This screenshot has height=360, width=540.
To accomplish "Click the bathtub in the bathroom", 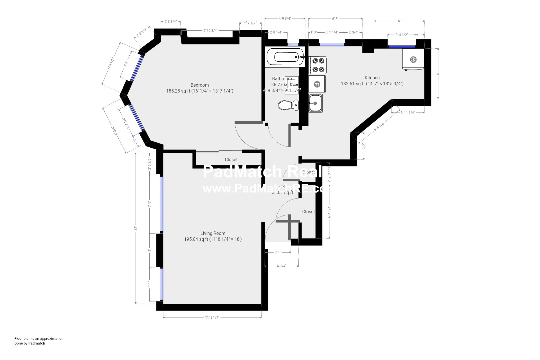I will coord(285,57).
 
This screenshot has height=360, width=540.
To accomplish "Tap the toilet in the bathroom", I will coord(288,105).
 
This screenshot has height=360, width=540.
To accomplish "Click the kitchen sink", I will coord(315,103).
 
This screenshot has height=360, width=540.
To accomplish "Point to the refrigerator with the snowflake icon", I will coord(413,59).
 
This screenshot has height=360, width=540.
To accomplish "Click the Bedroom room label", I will coord(199,85).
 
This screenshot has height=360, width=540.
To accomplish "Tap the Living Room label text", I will coord(213,233).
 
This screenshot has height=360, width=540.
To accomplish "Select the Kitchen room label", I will coord(372,78).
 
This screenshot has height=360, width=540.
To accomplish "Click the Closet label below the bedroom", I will coord(231,159).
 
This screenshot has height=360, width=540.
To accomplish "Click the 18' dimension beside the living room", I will coord(136,228).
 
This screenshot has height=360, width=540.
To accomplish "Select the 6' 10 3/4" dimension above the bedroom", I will coord(210,31).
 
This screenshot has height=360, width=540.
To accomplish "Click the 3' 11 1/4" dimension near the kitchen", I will coord(408,112).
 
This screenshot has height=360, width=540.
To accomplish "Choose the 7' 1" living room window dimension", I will coord(150,204).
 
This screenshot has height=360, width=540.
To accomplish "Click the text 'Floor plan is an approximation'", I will coord(39,338).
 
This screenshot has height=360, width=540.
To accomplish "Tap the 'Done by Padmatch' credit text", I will coord(30,343).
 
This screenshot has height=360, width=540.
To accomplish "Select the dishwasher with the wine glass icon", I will coord(317,84).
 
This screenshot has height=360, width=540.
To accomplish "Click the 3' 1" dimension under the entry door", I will coord(278,252).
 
